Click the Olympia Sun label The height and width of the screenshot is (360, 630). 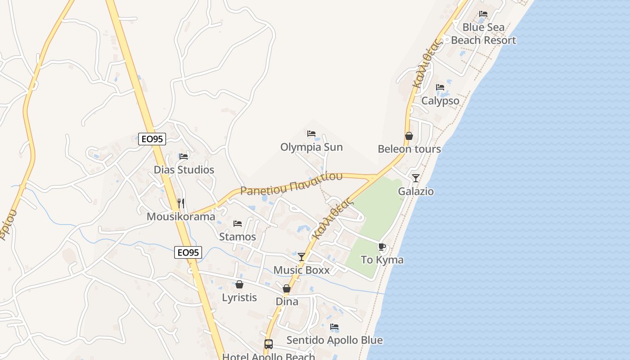(x=311, y=147)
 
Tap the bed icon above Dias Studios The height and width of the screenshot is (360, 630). (x=184, y=157)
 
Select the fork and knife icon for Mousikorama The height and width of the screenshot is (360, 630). (x=181, y=203)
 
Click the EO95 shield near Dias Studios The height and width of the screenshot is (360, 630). (x=152, y=139)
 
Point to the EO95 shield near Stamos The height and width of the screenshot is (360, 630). (x=188, y=252)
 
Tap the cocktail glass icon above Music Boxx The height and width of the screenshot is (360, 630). (x=301, y=257)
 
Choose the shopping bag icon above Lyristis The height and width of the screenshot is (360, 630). (x=239, y=284)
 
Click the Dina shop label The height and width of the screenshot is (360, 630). (x=287, y=301)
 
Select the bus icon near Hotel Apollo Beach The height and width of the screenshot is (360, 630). (x=268, y=344)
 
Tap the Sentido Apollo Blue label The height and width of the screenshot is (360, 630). (x=334, y=340)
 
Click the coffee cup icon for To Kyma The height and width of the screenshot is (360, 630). (x=382, y=247)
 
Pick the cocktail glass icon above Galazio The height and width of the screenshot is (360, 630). (x=416, y=178)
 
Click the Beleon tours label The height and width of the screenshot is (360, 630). (x=409, y=149)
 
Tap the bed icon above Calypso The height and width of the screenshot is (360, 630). (x=440, y=87)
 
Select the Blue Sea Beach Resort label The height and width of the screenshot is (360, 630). (x=483, y=34)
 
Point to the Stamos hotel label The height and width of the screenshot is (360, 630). (x=237, y=237)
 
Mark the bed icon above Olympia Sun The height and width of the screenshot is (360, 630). (x=311, y=134)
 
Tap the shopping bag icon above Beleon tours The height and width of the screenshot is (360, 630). (x=409, y=136)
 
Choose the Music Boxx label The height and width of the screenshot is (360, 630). (x=301, y=270)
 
